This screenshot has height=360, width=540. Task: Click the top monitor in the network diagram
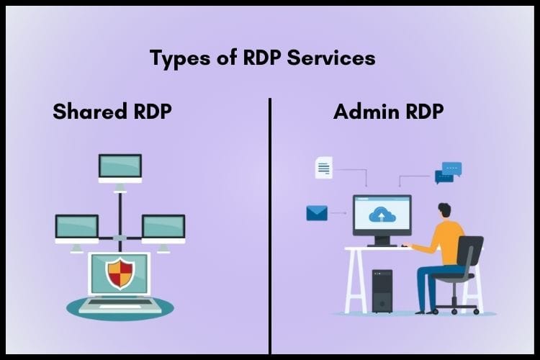pos(120,166)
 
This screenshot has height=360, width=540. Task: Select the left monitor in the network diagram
pos(76,228)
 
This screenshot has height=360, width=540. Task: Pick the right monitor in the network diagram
pos(163,228)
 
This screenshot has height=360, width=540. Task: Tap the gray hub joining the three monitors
pos(120,238)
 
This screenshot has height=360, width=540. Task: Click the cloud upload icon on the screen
pos(381,214)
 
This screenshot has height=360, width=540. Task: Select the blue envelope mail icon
pos(317,212)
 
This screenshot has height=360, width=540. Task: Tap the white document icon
pos(323,168)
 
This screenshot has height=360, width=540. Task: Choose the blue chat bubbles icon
pos(448,172)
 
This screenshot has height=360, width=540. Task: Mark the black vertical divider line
pos(270,216)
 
